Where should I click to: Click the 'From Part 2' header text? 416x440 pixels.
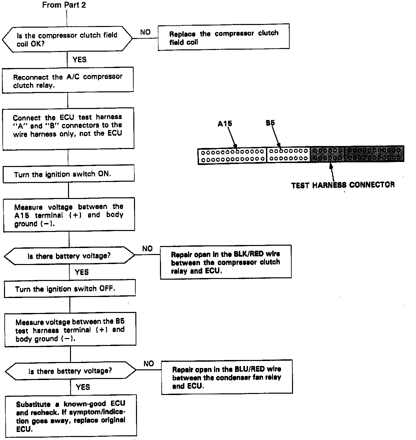pyautogui.click(x=64, y=5)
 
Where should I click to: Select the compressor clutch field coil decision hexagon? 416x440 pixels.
pyautogui.click(x=67, y=39)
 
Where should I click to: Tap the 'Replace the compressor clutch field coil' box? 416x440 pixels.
pyautogui.click(x=223, y=37)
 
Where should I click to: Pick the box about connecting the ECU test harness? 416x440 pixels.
pyautogui.click(x=68, y=128)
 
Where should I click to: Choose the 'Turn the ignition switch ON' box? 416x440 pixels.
pyautogui.click(x=68, y=174)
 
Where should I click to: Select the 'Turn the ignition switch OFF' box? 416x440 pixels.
pyautogui.click(x=70, y=289)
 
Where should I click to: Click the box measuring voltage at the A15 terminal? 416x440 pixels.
pyautogui.click(x=69, y=215)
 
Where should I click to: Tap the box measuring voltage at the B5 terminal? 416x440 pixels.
pyautogui.click(x=70, y=330)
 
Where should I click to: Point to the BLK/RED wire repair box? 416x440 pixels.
pyautogui.click(x=226, y=262)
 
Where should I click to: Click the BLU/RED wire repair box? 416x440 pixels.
pyautogui.click(x=227, y=377)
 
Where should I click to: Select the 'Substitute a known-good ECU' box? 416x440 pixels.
pyautogui.click(x=71, y=416)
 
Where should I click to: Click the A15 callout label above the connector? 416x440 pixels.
pyautogui.click(x=225, y=124)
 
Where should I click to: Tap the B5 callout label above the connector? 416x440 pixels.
pyautogui.click(x=270, y=123)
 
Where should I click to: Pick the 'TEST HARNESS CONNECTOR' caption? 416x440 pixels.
pyautogui.click(x=343, y=185)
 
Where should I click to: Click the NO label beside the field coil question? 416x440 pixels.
pyautogui.click(x=145, y=32)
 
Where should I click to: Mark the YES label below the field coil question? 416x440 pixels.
pyautogui.click(x=79, y=60)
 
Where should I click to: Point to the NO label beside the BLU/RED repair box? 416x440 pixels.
pyautogui.click(x=149, y=363)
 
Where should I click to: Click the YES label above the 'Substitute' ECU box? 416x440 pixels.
pyautogui.click(x=83, y=387)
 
